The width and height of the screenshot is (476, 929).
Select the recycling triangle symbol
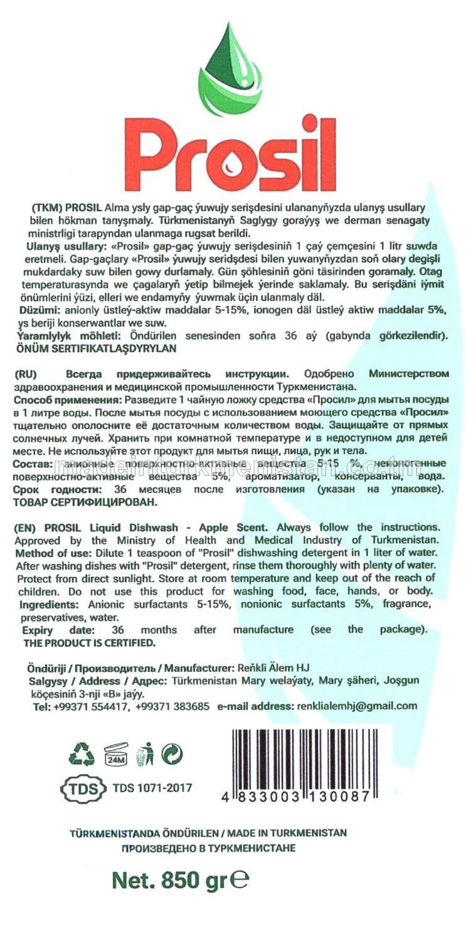pos(82,753)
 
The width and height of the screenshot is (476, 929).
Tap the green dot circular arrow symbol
pos(172,753)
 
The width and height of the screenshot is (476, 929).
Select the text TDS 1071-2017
pos(152,788)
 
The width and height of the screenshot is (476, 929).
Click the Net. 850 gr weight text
pos(180,880)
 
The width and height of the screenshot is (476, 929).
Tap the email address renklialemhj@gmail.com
pos(355,706)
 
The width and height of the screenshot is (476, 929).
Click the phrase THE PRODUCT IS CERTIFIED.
pos(88,643)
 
